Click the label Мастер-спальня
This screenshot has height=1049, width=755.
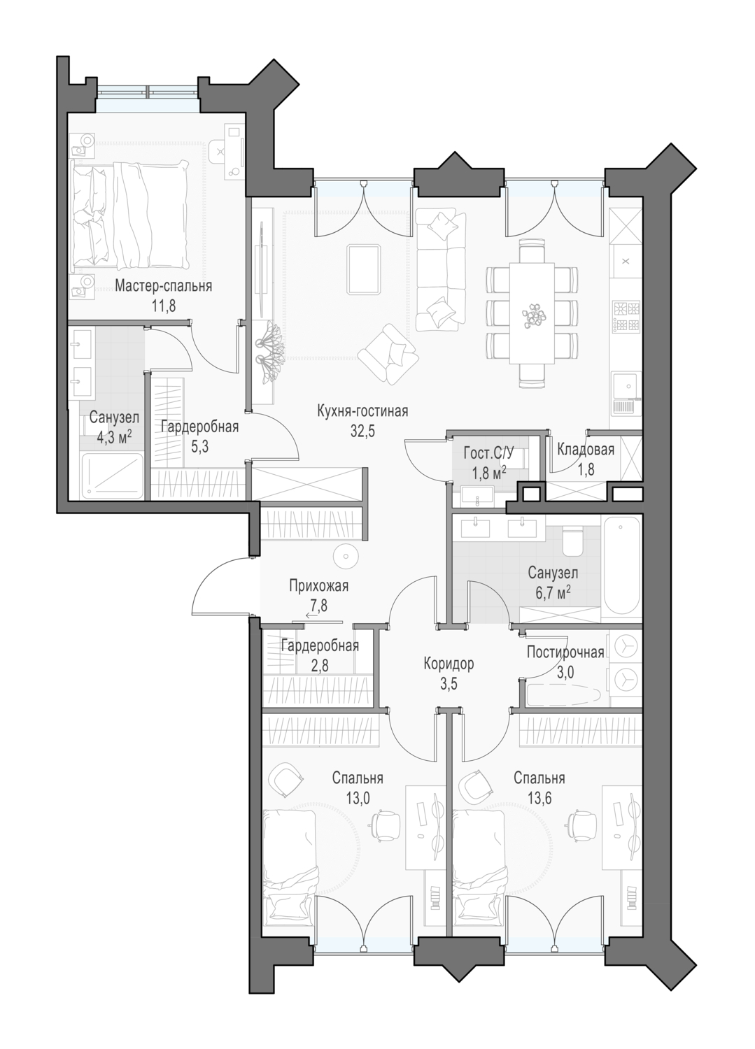pyautogui.click(x=163, y=285)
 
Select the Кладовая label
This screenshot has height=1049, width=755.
pyautogui.click(x=586, y=450)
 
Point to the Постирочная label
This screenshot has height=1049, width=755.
pyautogui.click(x=565, y=652)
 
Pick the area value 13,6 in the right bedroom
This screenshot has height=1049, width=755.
pyautogui.click(x=539, y=798)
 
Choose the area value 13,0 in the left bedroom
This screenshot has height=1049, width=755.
pyautogui.click(x=358, y=798)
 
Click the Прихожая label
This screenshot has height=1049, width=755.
pyautogui.click(x=318, y=586)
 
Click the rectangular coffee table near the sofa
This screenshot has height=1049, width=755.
pyautogui.click(x=364, y=269)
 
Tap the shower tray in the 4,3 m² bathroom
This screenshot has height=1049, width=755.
pyautogui.click(x=112, y=476)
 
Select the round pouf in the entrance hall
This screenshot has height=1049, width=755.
pyautogui.click(x=346, y=556)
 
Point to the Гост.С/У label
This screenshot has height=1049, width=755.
pyautogui.click(x=488, y=453)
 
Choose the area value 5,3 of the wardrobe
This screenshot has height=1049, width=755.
pyautogui.click(x=199, y=447)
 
